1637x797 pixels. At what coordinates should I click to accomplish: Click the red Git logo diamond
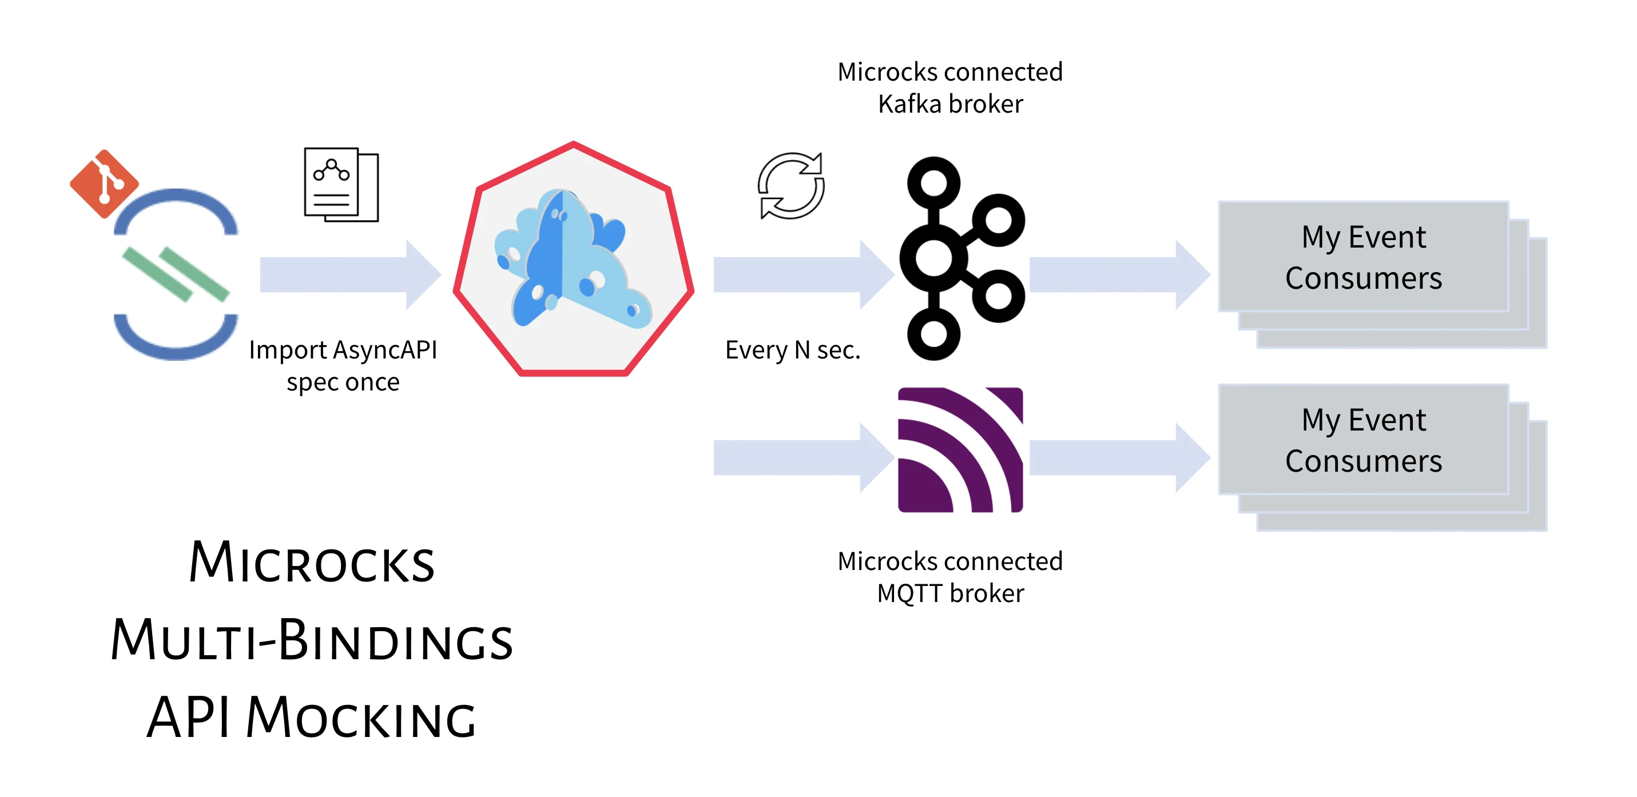(x=104, y=184)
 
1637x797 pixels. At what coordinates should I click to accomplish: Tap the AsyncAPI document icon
(x=341, y=185)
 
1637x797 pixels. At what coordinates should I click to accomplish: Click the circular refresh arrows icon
(x=791, y=185)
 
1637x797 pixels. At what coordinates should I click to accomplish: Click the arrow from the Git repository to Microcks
(x=350, y=274)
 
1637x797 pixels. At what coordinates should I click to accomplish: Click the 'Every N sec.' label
(x=792, y=350)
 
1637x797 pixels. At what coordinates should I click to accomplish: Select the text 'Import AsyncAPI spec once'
(x=343, y=366)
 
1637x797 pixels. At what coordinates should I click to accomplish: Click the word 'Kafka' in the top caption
(x=909, y=103)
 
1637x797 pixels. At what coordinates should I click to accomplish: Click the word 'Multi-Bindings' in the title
(x=311, y=640)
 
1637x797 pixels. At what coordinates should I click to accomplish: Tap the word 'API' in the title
(x=188, y=718)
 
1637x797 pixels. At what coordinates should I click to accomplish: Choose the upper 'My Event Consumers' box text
(x=1363, y=257)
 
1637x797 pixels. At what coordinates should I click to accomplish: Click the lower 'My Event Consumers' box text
(x=1363, y=440)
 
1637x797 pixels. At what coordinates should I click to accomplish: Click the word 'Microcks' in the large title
(x=311, y=563)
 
